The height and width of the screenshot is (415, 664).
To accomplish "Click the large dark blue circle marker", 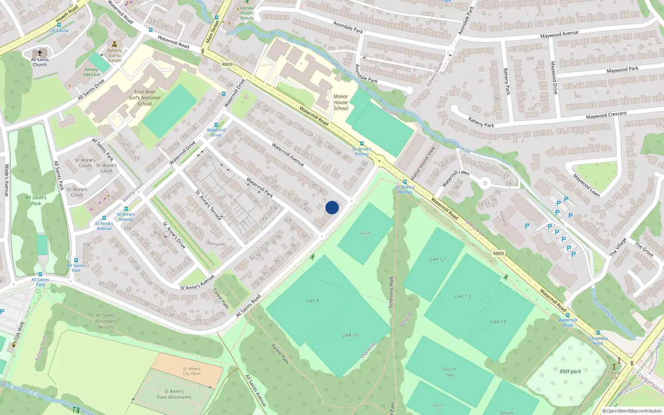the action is [x=332, y=207].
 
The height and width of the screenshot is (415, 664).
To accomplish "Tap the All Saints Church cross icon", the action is [x=40, y=53].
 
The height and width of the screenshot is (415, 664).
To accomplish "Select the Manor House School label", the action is [x=341, y=103].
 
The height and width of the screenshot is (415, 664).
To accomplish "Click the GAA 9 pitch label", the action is [x=312, y=301].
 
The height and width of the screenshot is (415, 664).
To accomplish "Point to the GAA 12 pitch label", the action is [x=437, y=259].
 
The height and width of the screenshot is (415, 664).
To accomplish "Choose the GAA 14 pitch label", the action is [x=498, y=322].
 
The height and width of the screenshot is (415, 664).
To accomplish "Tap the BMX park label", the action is [x=570, y=371].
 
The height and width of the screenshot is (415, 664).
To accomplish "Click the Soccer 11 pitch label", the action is [x=365, y=235].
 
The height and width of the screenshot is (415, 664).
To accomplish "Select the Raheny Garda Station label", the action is [x=115, y=55].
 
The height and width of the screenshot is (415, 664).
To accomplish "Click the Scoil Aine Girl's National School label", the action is [x=144, y=98].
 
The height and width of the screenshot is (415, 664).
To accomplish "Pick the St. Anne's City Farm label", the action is [x=192, y=371].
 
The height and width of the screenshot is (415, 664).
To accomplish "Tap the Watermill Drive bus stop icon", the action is [x=216, y=125].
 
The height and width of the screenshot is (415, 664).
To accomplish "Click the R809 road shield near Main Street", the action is [x=227, y=64].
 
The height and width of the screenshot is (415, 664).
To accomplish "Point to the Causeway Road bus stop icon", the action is [x=598, y=333].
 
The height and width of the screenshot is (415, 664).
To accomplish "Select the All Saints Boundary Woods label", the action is [x=106, y=321].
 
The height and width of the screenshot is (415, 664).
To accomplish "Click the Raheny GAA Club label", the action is [x=91, y=72].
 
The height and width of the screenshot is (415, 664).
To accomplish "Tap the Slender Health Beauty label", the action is [x=247, y=13].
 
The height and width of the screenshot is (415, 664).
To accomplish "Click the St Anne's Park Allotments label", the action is [x=174, y=394].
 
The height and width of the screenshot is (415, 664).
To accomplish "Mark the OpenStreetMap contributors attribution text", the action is [x=632, y=411].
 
